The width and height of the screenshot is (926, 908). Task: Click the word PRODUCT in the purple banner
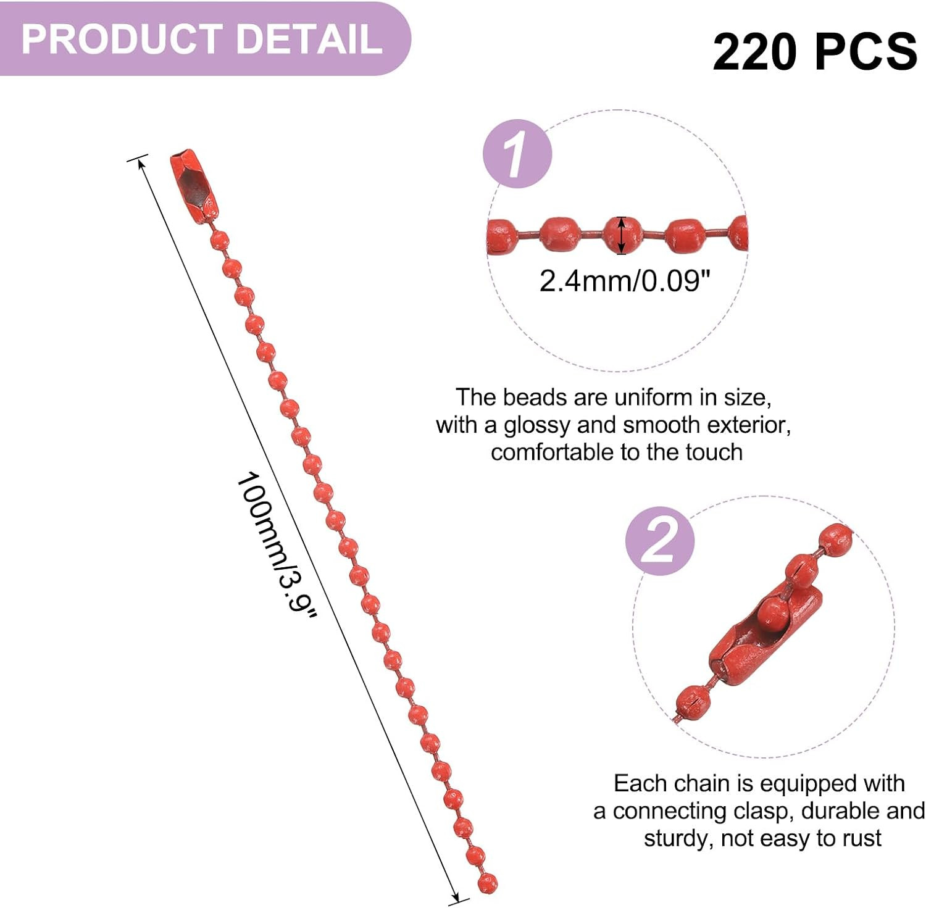(x=122, y=39)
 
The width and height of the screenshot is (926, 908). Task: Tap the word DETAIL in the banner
(x=309, y=39)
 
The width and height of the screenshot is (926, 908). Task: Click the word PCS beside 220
(x=867, y=51)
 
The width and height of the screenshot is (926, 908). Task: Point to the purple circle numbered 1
(x=517, y=154)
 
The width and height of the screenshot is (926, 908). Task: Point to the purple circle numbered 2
(x=660, y=541)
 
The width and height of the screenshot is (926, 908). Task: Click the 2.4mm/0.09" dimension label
(x=625, y=281)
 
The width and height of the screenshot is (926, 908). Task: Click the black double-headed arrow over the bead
(x=622, y=235)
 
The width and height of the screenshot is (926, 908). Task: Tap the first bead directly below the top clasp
(x=220, y=240)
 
